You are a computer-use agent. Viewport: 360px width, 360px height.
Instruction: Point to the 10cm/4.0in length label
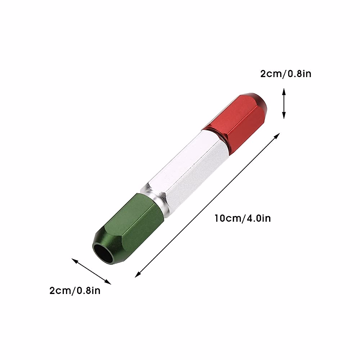242,218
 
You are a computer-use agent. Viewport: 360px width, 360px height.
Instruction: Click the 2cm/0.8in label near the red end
286,73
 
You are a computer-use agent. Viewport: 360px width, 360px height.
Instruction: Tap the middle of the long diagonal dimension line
208,205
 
